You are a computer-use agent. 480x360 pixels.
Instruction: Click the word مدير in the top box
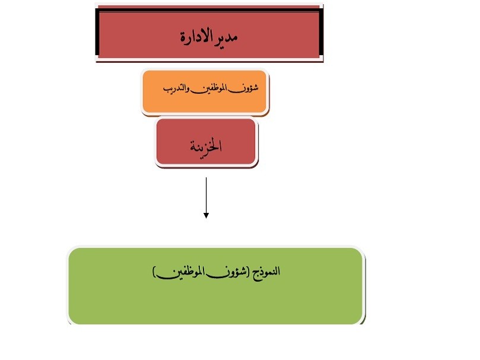click(227, 37)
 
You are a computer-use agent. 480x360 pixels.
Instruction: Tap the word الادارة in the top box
click(197, 37)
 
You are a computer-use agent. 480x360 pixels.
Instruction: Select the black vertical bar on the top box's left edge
click(97, 32)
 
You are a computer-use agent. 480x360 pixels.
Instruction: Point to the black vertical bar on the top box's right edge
click(321, 32)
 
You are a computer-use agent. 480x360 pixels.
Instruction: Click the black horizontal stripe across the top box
click(209, 10)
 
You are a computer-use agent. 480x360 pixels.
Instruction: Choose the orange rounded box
click(205, 91)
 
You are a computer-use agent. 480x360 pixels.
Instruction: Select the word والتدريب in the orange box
click(176, 89)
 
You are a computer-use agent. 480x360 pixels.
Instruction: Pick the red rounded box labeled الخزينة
click(206, 142)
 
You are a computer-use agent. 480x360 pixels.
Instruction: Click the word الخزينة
click(206, 146)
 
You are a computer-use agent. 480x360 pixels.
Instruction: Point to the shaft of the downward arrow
click(206, 195)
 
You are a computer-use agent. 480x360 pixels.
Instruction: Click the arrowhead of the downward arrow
click(206, 215)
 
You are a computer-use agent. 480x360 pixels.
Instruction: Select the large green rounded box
click(215, 286)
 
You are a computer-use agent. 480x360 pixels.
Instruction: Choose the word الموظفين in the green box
click(180, 272)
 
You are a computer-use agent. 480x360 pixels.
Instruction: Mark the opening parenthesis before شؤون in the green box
click(249, 272)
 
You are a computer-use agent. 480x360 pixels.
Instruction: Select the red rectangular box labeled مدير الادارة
click(209, 33)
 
